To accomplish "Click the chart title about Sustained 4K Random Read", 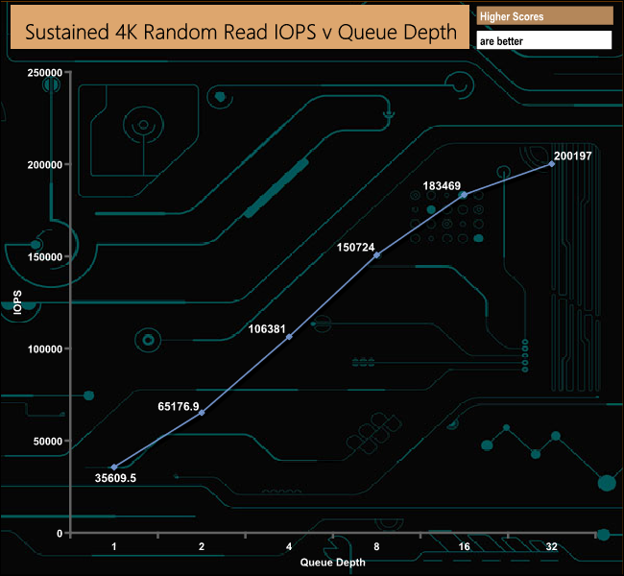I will click(x=240, y=32).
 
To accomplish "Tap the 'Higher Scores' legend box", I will click(x=543, y=16).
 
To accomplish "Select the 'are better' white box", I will click(x=543, y=41).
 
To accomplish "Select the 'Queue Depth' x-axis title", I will click(x=332, y=562).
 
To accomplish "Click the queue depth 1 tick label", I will click(x=114, y=547).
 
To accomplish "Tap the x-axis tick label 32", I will click(x=552, y=547).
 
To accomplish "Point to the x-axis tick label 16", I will click(x=465, y=547).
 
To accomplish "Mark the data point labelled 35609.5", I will click(x=114, y=468).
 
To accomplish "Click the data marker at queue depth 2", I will click(x=202, y=413).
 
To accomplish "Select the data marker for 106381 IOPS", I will click(x=289, y=337).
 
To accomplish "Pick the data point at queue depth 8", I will click(x=376, y=255).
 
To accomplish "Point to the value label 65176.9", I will click(x=179, y=407).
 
